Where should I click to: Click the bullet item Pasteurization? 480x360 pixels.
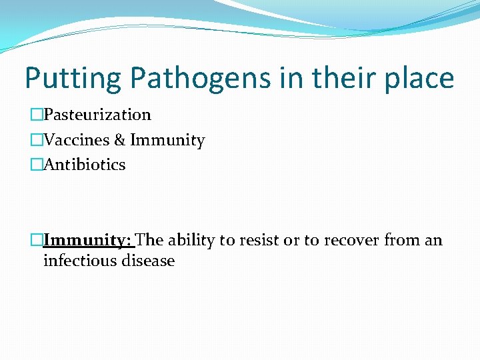point(97,115)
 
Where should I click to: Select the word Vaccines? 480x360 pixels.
point(73,140)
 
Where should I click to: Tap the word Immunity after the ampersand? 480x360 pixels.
point(167,140)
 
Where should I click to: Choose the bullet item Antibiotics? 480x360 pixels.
point(84,165)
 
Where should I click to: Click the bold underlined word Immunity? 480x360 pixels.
point(88,240)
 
